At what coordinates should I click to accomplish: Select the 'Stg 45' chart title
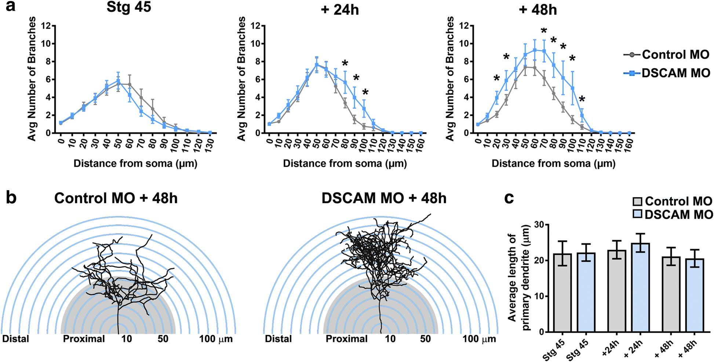coord(129,7)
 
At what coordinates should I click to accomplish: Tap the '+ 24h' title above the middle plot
coord(339,10)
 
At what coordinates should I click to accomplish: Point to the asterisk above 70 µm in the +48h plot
coord(544,32)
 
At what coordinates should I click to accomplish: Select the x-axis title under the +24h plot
coord(345,163)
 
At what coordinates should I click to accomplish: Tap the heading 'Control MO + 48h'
coord(116,199)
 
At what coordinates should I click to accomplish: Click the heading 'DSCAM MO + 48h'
coord(384,199)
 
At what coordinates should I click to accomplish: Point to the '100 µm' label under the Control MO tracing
coord(216,339)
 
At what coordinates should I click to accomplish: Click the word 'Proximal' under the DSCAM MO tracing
coord(346,339)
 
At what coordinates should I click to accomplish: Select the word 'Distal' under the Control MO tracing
coord(16,339)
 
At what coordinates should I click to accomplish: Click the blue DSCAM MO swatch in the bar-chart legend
coord(638,214)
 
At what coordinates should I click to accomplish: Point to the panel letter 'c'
coord(509,198)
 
